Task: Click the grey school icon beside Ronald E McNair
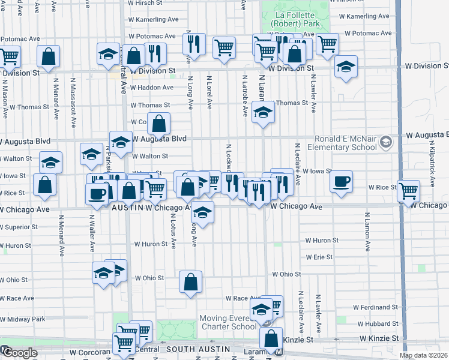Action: [x=385, y=143]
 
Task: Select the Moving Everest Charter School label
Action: [x=228, y=322]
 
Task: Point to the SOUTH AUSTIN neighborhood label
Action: [x=196, y=349]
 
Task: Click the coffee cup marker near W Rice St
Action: [x=341, y=182]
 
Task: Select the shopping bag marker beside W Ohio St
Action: [x=190, y=282]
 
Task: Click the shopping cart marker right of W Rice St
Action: [x=408, y=191]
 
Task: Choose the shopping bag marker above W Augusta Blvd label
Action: [x=159, y=124]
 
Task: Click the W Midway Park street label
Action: [x=22, y=319]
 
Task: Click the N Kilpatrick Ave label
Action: [x=431, y=162]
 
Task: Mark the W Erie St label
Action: [x=319, y=257]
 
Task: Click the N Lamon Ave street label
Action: [x=366, y=231]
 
